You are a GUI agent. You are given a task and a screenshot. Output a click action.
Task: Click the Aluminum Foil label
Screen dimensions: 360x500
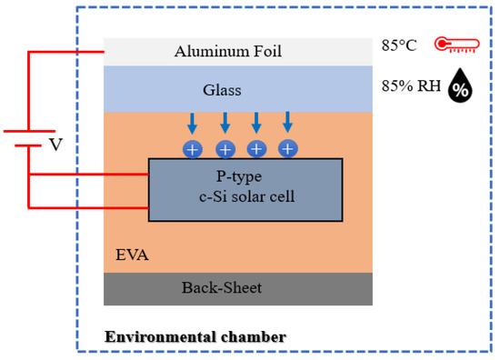tap(228, 52)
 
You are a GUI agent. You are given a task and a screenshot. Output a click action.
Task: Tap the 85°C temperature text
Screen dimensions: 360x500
tap(402, 44)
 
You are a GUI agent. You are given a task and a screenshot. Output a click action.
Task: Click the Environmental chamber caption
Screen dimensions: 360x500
tap(195, 336)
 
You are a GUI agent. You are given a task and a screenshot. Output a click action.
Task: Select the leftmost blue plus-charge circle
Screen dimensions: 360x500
tap(194, 148)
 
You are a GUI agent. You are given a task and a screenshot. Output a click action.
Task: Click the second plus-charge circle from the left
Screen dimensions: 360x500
tap(225, 148)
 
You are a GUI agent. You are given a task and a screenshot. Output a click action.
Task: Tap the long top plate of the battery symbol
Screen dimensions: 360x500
tap(27, 132)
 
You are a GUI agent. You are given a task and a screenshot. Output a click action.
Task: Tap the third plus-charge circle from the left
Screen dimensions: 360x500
tap(256, 148)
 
